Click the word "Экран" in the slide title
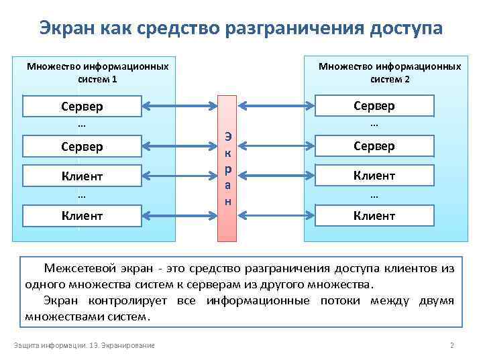pyautogui.click(x=66, y=28)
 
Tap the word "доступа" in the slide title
pyautogui.click(x=405, y=28)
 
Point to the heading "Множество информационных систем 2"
pyautogui.click(x=390, y=72)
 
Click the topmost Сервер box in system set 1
pyautogui.click(x=82, y=107)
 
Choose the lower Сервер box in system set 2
pyautogui.click(x=374, y=146)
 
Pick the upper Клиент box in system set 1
pyautogui.click(x=82, y=176)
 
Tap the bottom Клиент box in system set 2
pyautogui.click(x=374, y=216)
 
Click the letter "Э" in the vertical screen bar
pyautogui.click(x=229, y=137)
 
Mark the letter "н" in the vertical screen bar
pyautogui.click(x=229, y=201)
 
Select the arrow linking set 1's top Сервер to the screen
pyautogui.click(x=180, y=106)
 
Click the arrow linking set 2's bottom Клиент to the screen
pyautogui.click(x=277, y=215)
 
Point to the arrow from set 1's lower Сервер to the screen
pyautogui.click(x=180, y=145)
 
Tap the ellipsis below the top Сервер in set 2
pyautogui.click(x=374, y=125)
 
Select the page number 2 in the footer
pyautogui.click(x=451, y=346)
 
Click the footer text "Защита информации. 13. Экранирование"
pyautogui.click(x=84, y=346)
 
